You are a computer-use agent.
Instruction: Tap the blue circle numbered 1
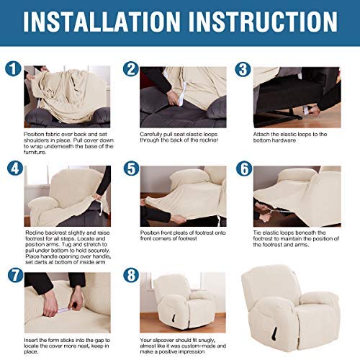tap(12, 71)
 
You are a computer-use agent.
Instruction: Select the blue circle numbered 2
tap(130, 70)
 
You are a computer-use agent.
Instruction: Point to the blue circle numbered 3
tap(243, 70)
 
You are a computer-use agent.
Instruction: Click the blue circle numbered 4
tap(12, 170)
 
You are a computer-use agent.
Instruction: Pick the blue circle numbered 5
tap(130, 170)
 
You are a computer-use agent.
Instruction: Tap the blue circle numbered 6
tap(243, 170)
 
